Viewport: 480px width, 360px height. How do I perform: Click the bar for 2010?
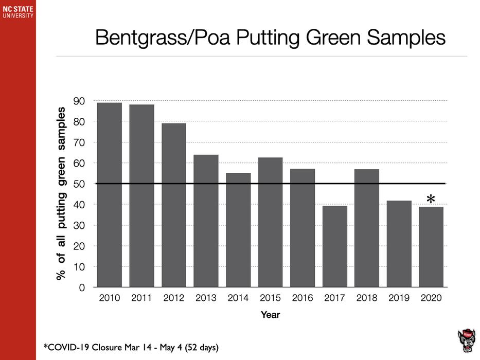pos(110,195)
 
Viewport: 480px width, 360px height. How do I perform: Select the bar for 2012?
pos(174,205)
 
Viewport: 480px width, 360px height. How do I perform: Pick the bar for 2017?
pos(335,246)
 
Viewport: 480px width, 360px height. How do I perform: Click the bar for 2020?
pos(431,247)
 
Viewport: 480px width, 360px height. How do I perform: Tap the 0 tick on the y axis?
pos(82,288)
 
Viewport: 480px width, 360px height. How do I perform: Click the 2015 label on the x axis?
pos(270,298)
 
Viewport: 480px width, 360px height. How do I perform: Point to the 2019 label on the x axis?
pos(399,298)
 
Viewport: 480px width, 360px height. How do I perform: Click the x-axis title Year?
pos(270,315)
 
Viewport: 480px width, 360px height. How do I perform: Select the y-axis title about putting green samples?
pos(61,193)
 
